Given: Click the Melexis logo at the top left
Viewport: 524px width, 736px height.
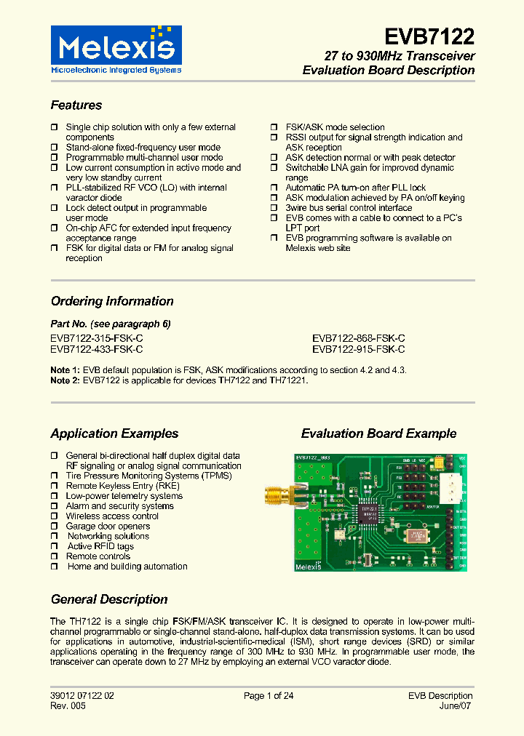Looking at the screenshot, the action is [x=116, y=49].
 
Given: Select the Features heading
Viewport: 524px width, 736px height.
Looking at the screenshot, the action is [x=76, y=105].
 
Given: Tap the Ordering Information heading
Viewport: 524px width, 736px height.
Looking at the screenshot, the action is [x=112, y=301].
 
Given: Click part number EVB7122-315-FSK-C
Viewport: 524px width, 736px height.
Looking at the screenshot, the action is [x=97, y=338].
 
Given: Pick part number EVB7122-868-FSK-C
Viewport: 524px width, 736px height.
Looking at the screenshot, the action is [x=359, y=338].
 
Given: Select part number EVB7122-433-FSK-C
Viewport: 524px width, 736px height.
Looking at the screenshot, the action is [x=97, y=349].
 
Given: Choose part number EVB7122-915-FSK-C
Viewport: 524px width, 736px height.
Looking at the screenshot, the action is [x=359, y=349].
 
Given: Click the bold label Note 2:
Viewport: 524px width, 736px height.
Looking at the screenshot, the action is [x=65, y=380].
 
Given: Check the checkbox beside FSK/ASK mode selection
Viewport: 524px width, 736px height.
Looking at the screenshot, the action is [x=274, y=127].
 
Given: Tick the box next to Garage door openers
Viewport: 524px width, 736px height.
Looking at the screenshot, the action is [x=55, y=527].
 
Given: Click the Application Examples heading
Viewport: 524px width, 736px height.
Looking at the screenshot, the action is [x=114, y=433].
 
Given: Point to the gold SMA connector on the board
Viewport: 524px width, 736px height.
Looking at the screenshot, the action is [x=275, y=497].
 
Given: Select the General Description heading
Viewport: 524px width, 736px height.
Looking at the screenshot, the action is [x=109, y=599].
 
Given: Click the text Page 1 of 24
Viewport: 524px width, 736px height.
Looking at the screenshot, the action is [x=269, y=696].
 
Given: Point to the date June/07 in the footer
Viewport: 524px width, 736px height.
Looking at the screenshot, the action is [x=456, y=706].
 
